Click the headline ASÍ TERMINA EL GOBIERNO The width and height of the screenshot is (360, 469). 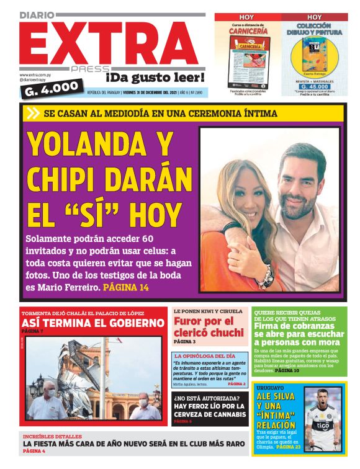click(x=92, y=323)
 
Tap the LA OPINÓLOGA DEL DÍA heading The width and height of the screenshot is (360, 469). click(x=205, y=356)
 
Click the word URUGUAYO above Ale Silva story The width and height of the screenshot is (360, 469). click(x=270, y=386)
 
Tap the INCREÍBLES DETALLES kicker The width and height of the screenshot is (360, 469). click(x=52, y=437)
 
